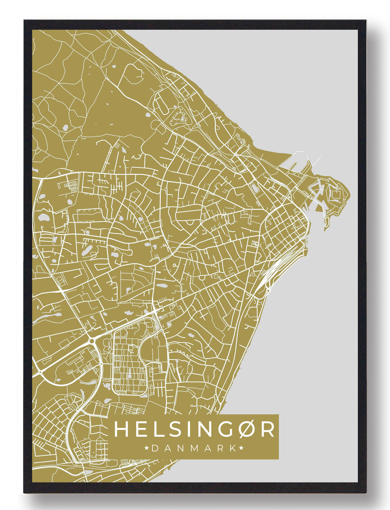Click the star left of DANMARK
coord(147,448)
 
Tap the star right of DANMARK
coord(241,448)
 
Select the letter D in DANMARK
coord(155,448)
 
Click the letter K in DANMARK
coord(233,448)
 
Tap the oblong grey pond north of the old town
coord(255,188)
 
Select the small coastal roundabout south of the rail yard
coord(268,290)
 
